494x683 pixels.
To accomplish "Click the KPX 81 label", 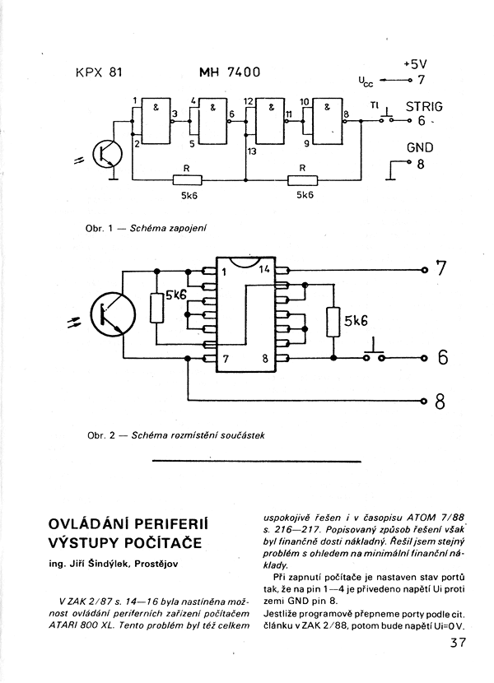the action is (x=99, y=72).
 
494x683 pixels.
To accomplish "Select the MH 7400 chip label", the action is (x=230, y=72).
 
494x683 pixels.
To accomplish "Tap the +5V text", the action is (x=415, y=64).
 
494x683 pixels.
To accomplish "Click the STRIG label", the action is (x=424, y=107).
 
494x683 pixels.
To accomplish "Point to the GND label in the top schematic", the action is (x=420, y=147).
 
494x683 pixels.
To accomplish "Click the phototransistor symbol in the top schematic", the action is (x=107, y=154).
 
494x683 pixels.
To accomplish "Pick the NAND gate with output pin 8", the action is (x=328, y=122).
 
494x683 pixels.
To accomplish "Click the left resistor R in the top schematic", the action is (x=188, y=179).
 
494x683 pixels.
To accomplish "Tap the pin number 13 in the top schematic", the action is (x=252, y=151).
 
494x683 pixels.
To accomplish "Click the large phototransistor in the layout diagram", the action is (x=114, y=315).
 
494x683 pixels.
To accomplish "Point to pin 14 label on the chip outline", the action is (x=265, y=269).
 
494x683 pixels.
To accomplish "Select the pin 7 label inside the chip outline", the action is (x=226, y=360).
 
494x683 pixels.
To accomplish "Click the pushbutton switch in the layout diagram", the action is (x=375, y=354).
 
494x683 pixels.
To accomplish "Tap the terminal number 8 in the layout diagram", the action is (x=440, y=402).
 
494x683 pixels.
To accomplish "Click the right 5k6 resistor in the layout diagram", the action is (x=333, y=322).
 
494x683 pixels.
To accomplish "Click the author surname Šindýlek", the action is (x=109, y=563).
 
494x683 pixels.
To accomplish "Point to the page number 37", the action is (x=457, y=643).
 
